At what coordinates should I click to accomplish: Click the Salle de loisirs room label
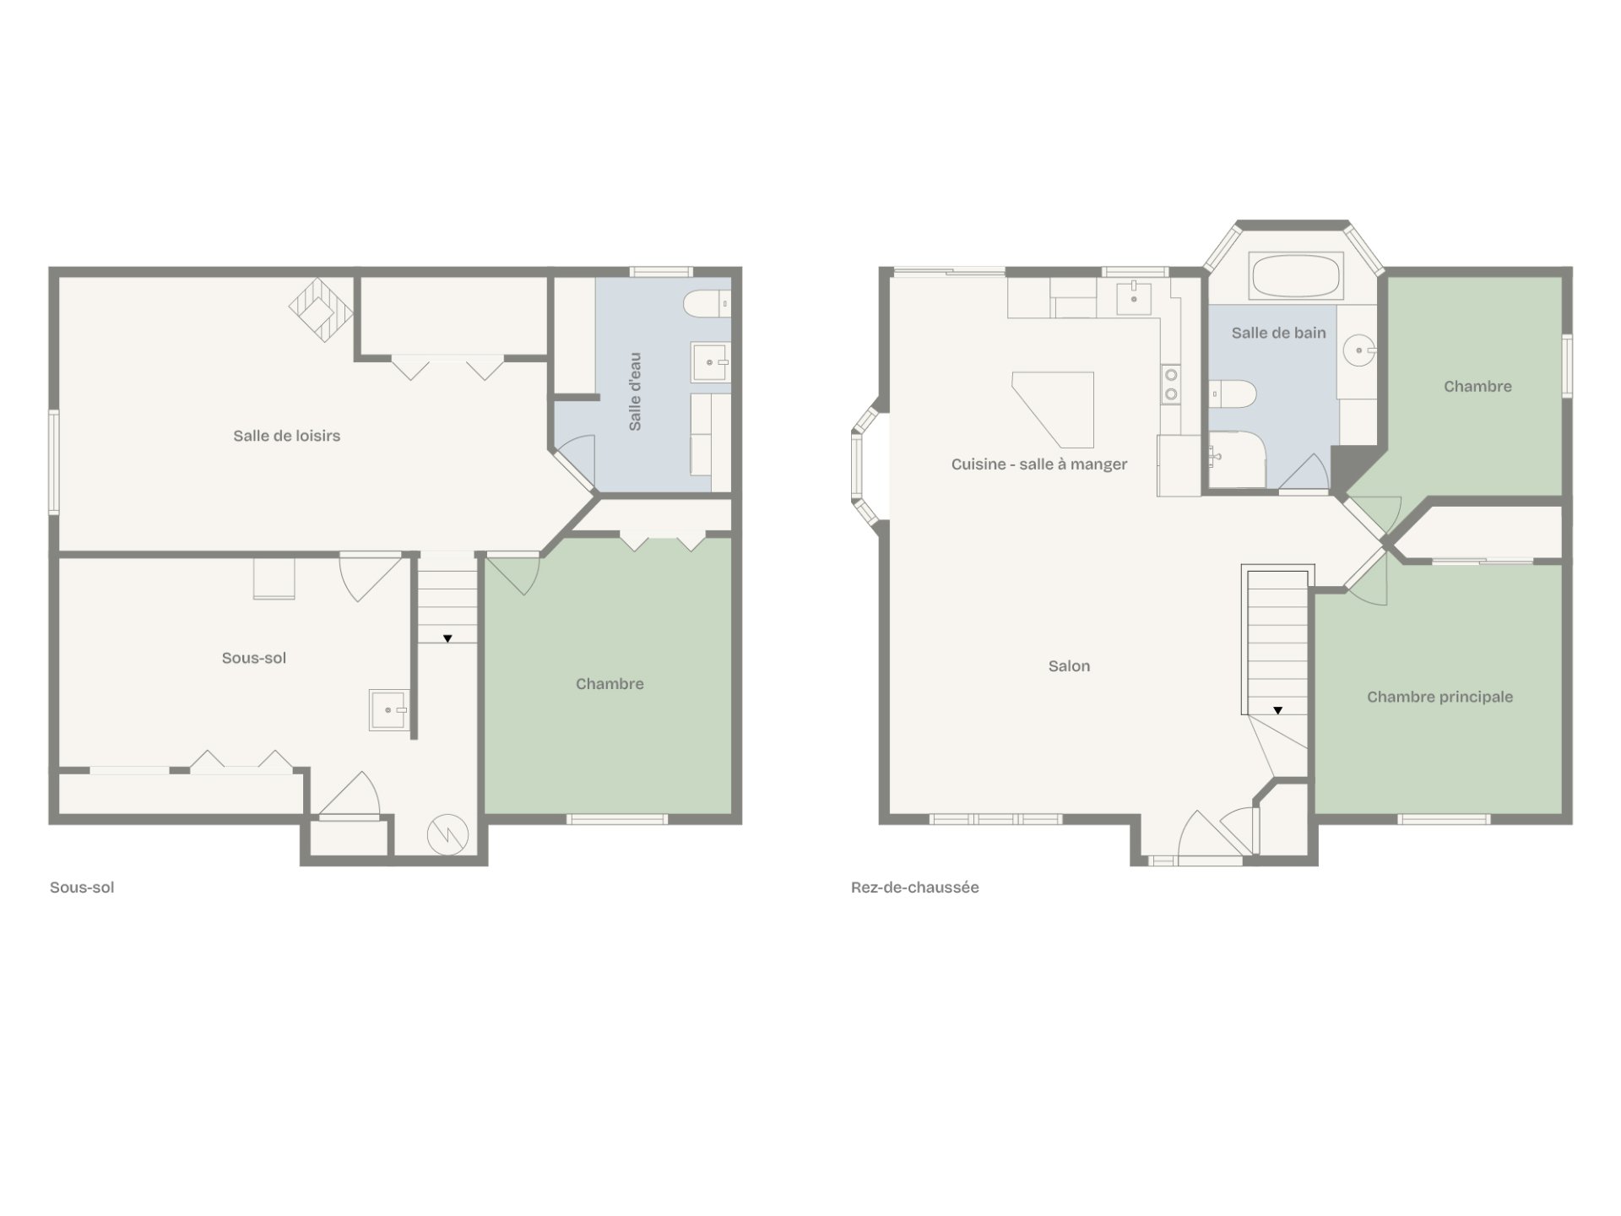[287, 436]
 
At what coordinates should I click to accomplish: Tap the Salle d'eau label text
[636, 392]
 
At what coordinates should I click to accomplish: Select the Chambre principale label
[1439, 697]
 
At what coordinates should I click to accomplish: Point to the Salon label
[1069, 666]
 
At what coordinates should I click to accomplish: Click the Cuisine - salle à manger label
[1039, 464]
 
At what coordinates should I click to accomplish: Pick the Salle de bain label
[1278, 333]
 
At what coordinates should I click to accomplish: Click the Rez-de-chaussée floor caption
[915, 888]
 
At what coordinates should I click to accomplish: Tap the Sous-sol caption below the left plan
[82, 888]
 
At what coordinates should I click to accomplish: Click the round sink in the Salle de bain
[1359, 348]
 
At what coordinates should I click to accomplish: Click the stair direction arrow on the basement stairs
[447, 638]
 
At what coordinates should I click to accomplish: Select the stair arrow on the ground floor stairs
[1278, 710]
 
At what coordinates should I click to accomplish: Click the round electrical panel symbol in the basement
[447, 834]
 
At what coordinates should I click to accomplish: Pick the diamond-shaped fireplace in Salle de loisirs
[321, 309]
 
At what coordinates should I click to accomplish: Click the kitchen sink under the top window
[1135, 296]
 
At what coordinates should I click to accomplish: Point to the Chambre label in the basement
[610, 684]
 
